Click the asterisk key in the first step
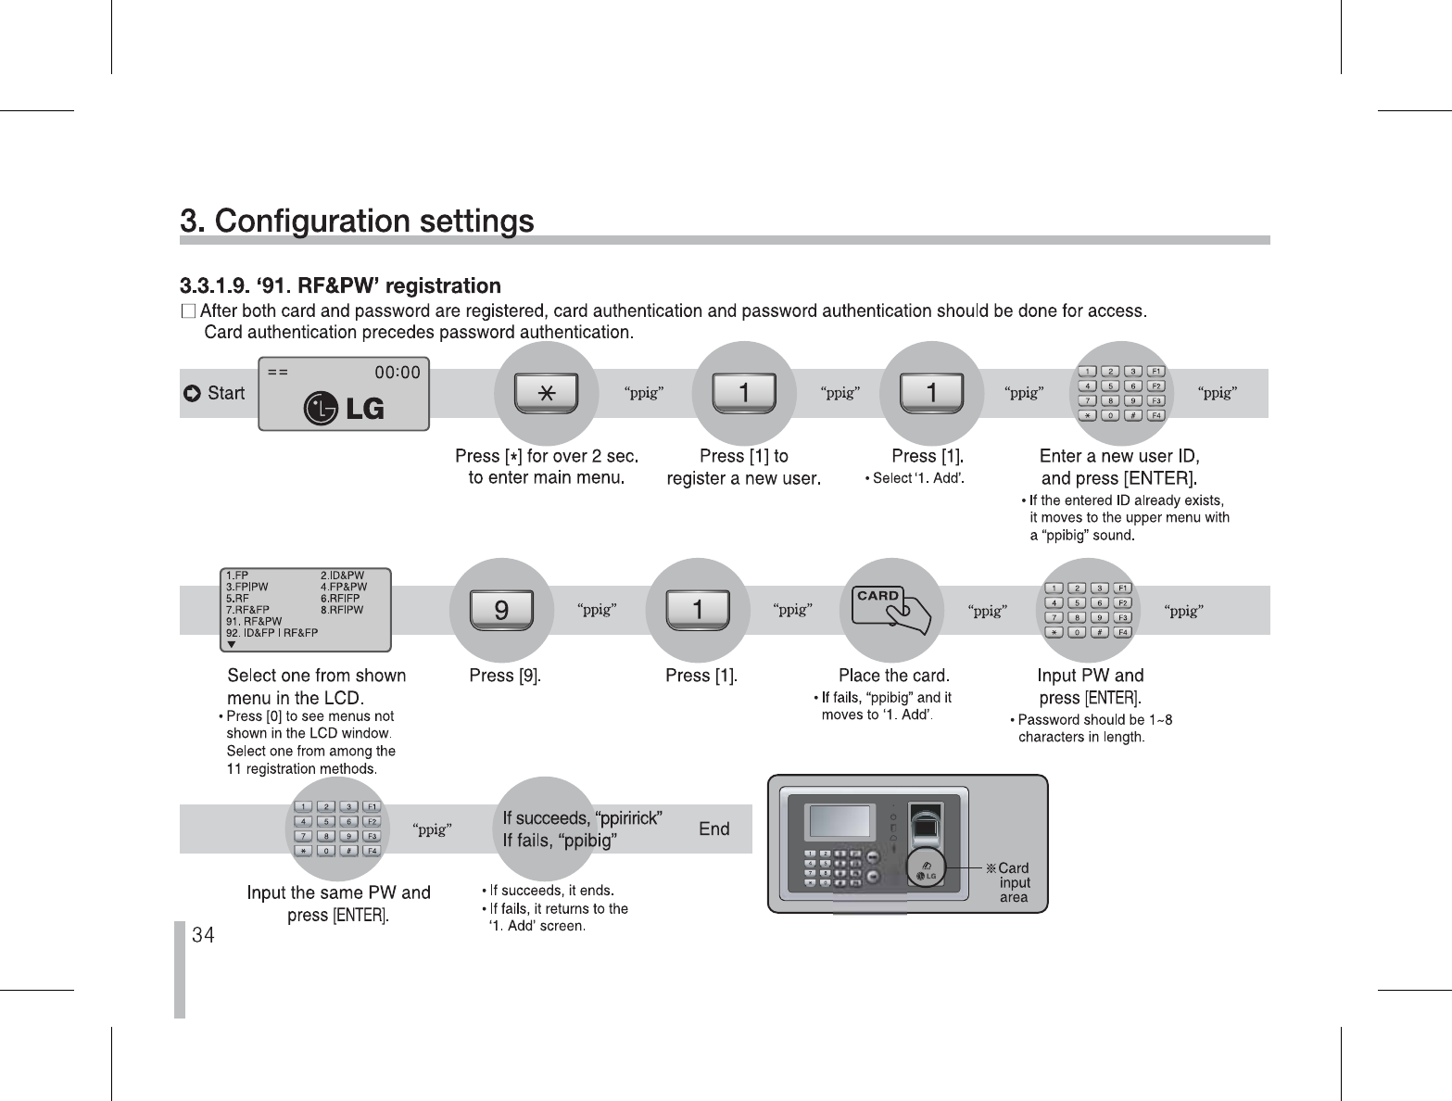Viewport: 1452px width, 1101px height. [x=547, y=393]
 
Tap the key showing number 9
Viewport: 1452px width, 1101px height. [x=501, y=610]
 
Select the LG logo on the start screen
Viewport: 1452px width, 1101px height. [x=344, y=408]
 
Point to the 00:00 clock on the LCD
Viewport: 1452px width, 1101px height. [x=397, y=373]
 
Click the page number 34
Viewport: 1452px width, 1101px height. [x=203, y=935]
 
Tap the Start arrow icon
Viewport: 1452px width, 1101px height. [x=193, y=394]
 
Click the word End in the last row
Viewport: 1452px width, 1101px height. [x=713, y=829]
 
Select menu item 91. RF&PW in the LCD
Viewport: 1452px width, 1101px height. [x=254, y=621]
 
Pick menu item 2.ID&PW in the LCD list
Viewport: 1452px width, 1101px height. [x=342, y=576]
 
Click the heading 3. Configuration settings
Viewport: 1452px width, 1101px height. [x=357, y=221]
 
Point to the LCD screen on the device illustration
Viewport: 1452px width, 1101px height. [x=840, y=821]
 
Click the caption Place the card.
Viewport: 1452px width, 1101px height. [x=893, y=676]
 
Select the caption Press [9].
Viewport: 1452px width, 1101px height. [x=505, y=676]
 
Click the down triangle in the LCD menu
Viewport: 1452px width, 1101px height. [x=232, y=643]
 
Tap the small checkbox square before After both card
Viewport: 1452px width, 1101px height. [x=189, y=310]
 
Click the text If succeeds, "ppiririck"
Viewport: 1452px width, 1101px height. [x=582, y=818]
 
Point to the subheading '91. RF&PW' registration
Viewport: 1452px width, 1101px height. [x=340, y=285]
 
